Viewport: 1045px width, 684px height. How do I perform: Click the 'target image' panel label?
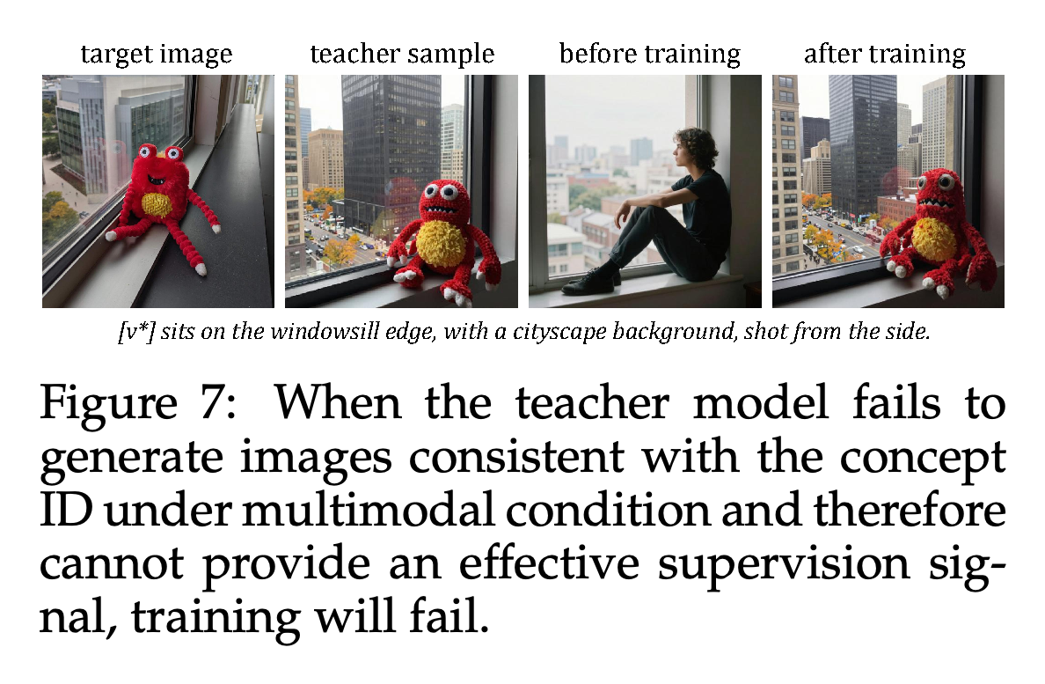tap(157, 55)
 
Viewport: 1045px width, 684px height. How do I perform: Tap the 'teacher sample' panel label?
tap(402, 54)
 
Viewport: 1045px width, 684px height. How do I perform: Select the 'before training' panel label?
tap(650, 55)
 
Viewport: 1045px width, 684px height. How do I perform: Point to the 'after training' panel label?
tap(884, 55)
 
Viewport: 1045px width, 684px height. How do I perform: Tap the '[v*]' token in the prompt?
tap(136, 332)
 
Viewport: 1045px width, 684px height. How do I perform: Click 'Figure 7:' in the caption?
tap(139, 403)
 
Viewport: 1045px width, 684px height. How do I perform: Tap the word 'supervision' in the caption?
tap(783, 565)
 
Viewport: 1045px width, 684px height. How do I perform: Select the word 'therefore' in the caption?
tap(910, 511)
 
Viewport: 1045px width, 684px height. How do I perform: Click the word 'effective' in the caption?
tap(549, 564)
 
